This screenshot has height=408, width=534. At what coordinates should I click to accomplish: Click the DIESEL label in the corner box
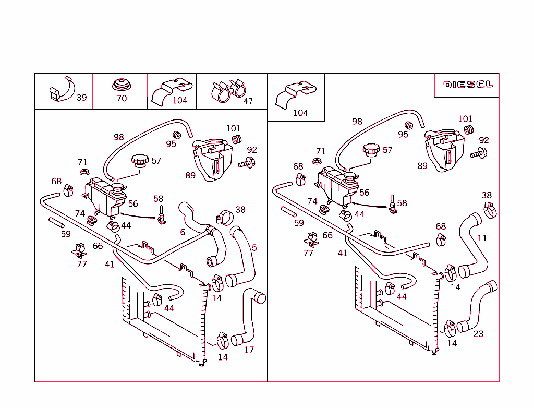point(468,85)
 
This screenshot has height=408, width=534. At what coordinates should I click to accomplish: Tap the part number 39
point(82,98)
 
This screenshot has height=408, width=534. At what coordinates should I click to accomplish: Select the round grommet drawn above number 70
point(122,85)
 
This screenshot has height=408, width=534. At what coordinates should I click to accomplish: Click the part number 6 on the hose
point(183,232)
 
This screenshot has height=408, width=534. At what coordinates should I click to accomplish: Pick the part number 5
point(254,248)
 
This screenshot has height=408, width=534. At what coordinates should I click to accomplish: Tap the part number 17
point(249,350)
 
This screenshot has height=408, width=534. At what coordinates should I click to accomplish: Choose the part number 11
point(482,238)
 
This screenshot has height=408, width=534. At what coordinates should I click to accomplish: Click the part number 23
point(478,334)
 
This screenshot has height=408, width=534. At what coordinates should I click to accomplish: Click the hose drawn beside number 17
point(248,318)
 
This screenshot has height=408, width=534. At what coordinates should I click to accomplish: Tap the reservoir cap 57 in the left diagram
point(140,160)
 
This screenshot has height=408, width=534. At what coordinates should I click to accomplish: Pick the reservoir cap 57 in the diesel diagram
point(371,150)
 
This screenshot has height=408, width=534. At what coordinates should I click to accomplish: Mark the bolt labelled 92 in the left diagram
point(246,164)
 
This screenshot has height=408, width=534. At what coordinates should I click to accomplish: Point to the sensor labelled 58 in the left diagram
point(162,214)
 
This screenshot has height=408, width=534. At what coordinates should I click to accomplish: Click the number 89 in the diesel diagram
point(422,166)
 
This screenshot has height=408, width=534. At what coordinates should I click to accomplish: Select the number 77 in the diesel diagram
point(309,253)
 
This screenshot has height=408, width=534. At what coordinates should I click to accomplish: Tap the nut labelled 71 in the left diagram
point(83,172)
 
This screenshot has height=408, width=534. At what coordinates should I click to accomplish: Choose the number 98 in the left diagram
point(119,137)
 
